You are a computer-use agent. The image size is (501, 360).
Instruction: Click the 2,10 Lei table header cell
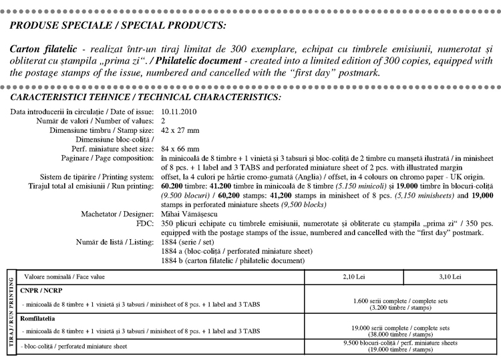[353, 276]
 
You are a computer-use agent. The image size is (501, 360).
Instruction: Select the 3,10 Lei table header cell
[452, 276]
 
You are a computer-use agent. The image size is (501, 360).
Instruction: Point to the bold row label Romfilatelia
[39, 319]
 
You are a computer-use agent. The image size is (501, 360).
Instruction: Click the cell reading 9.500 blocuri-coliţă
[401, 346]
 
